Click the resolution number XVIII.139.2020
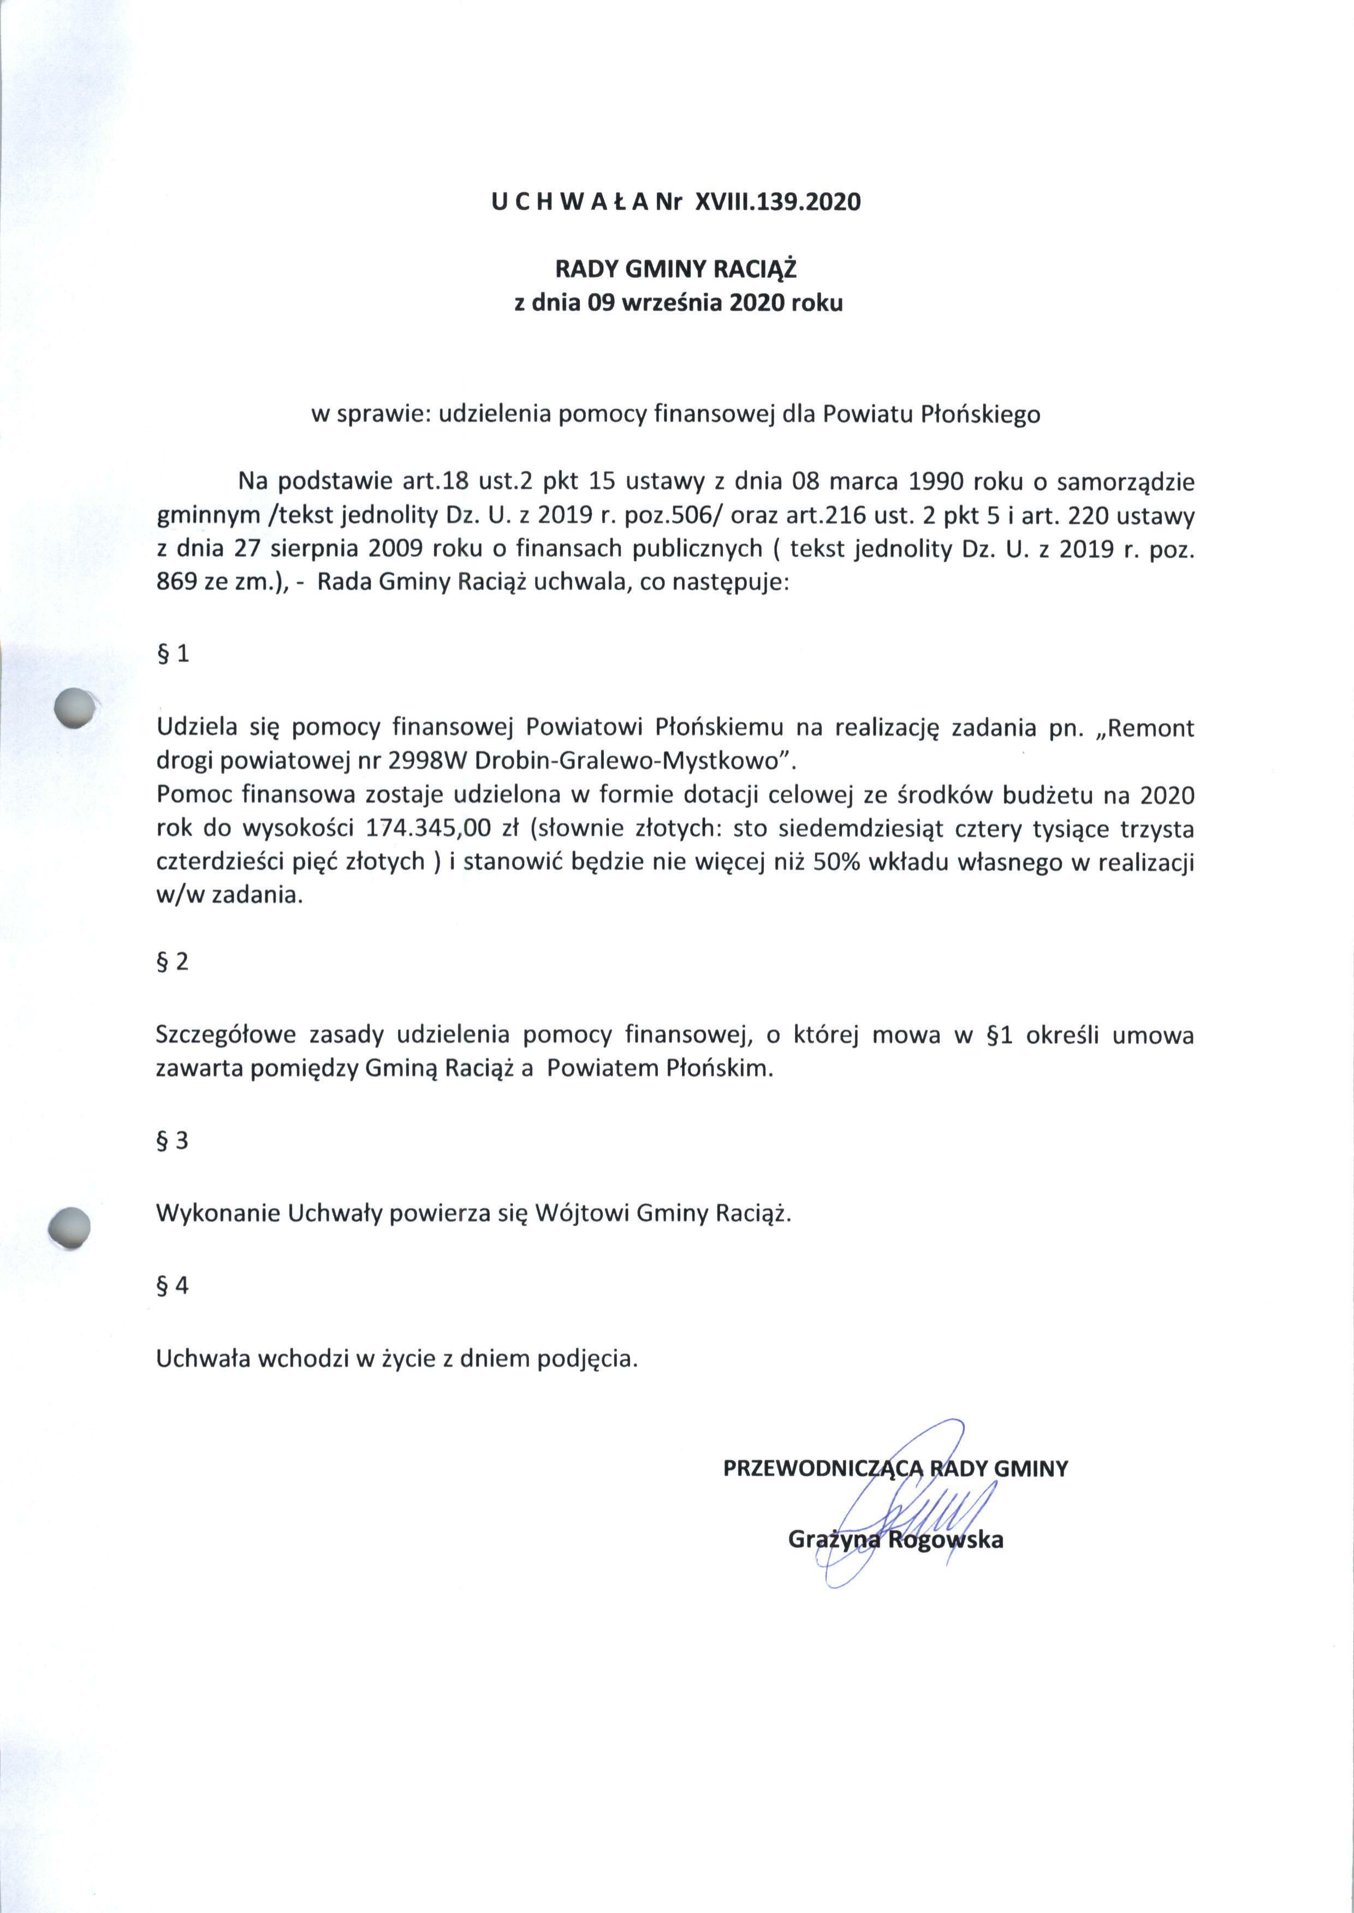(x=771, y=203)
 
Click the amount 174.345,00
(x=427, y=830)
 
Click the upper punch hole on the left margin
(x=73, y=711)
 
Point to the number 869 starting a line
(x=176, y=584)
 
